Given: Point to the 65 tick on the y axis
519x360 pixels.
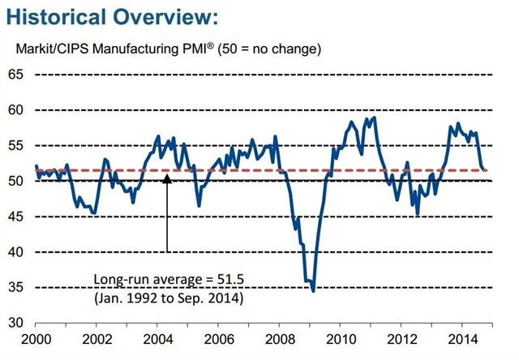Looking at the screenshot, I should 16,75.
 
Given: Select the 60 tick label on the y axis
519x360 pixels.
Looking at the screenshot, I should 16,110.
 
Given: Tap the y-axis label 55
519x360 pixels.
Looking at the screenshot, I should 16,146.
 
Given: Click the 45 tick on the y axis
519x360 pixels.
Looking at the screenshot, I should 16,217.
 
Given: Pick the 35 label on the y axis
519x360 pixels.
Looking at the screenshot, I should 16,288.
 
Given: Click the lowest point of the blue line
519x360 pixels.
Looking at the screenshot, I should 313,290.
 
